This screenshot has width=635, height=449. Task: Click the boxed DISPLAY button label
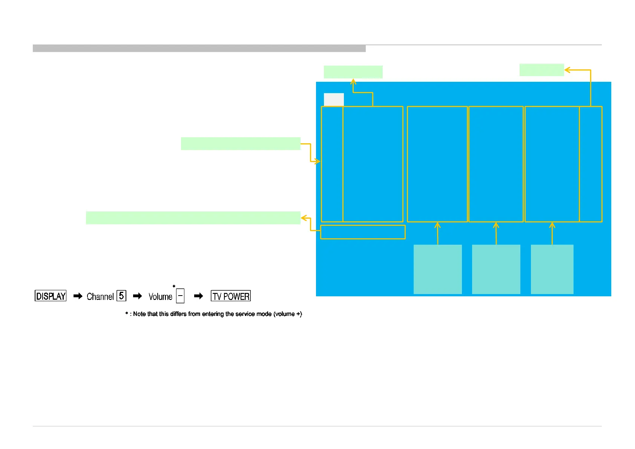coord(51,296)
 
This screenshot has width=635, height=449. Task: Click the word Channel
coord(100,297)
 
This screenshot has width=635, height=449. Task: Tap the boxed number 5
coord(121,296)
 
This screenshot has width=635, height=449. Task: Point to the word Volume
coord(160,297)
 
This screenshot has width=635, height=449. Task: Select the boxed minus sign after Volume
coord(180,296)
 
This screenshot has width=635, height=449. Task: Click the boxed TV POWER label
coord(231,296)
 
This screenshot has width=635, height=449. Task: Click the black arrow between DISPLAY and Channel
coord(78,296)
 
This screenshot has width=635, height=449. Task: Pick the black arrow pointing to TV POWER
coord(198,296)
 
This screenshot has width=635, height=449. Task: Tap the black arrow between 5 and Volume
coord(138,296)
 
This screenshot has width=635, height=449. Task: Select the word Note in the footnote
coord(139,314)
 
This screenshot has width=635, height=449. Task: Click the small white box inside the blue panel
coord(334,100)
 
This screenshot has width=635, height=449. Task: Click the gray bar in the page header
coord(199,48)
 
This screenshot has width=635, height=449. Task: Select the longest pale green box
coord(193,218)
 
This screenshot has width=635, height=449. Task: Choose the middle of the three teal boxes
coord(496,269)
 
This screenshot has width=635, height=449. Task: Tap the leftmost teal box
coord(437,269)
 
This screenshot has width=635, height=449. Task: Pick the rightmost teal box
coord(552,269)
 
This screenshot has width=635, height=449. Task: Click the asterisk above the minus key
coord(174,287)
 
